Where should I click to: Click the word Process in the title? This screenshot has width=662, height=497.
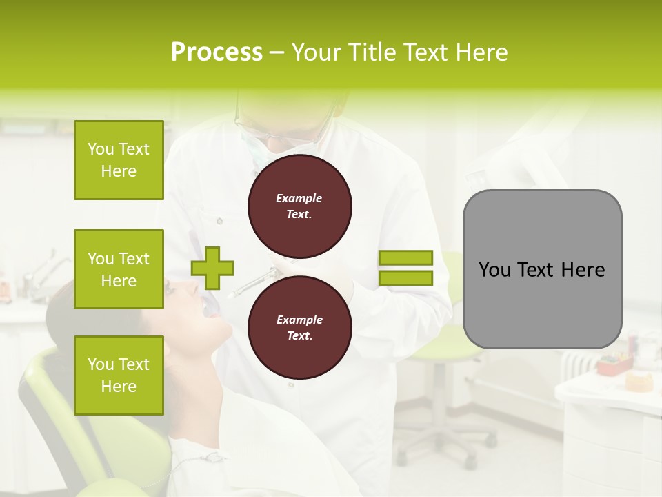tap(217, 52)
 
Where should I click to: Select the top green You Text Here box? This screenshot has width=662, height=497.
tap(119, 160)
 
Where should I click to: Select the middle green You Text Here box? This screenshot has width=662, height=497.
tap(119, 269)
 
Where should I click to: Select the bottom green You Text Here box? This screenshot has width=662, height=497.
tap(119, 376)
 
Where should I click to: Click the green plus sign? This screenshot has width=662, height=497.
tap(212, 268)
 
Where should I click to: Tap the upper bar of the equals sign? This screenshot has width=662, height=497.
tap(405, 257)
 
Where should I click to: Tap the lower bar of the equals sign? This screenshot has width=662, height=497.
tap(405, 278)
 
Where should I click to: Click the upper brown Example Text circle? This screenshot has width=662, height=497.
tap(300, 206)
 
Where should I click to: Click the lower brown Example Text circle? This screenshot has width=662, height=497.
tap(300, 328)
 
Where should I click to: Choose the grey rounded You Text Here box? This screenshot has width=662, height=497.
tap(542, 269)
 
